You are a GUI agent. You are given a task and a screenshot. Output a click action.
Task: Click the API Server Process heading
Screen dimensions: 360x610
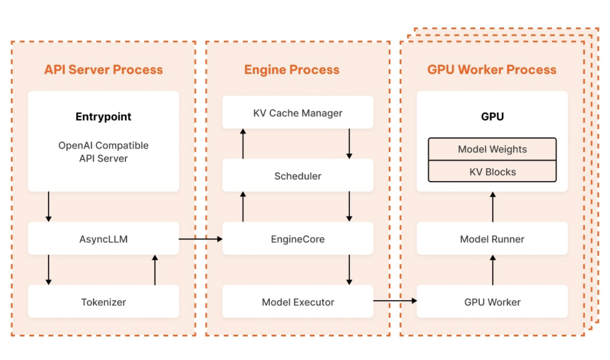(x=103, y=70)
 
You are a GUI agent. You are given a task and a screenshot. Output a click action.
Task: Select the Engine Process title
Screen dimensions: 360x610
(x=292, y=70)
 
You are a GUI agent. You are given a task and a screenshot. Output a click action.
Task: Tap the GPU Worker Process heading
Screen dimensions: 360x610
(x=492, y=70)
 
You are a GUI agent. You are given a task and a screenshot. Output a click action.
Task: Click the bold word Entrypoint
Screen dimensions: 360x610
(x=103, y=116)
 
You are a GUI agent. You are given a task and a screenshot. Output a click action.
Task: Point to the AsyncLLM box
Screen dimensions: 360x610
(x=103, y=238)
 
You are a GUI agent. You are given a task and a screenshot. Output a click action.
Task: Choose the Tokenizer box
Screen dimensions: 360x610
(x=103, y=302)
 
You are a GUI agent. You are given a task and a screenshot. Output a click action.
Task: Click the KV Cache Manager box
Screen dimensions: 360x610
(x=298, y=112)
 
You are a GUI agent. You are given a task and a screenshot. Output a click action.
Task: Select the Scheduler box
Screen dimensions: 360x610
(x=298, y=176)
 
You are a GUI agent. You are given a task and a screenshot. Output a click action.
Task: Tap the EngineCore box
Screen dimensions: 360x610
(x=298, y=238)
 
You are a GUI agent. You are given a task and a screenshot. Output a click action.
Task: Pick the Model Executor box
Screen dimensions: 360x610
(x=298, y=302)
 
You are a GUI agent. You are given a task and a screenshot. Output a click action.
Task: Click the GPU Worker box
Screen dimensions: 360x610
(x=492, y=302)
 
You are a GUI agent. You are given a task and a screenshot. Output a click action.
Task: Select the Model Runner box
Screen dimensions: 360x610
(x=492, y=238)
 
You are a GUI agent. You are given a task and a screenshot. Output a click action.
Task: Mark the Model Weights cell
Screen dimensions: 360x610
(x=492, y=149)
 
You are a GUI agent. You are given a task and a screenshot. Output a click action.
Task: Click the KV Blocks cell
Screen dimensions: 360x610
(x=492, y=172)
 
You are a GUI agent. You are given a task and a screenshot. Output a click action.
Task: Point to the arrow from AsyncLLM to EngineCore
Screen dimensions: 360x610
(x=201, y=238)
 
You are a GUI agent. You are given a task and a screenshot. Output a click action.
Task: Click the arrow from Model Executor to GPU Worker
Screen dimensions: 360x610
(x=395, y=301)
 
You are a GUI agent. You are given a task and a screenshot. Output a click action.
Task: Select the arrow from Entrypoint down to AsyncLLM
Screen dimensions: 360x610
(x=49, y=206)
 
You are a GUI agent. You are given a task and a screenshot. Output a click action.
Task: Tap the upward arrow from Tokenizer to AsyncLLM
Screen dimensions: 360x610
(x=155, y=269)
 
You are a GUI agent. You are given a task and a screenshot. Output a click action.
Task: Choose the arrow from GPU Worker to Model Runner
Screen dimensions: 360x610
(x=492, y=269)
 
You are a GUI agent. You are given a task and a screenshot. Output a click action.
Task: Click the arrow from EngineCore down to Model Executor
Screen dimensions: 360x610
(x=349, y=269)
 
